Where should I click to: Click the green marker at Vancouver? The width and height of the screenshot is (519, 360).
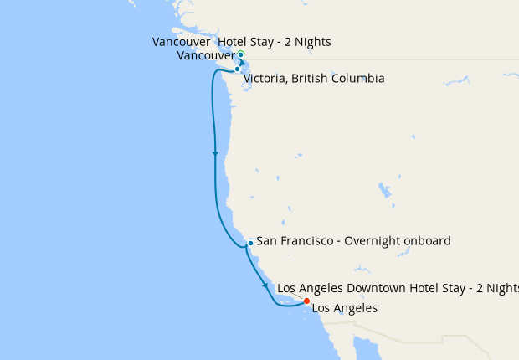[240, 54]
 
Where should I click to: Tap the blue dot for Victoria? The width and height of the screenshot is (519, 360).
[238, 69]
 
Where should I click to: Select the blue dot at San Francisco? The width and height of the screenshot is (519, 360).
[250, 243]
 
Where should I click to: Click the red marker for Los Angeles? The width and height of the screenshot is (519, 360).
[306, 301]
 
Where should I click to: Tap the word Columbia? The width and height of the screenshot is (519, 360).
[358, 79]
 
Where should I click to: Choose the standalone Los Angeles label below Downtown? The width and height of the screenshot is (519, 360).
[344, 308]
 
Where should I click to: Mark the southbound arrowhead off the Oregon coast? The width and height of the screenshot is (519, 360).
[216, 154]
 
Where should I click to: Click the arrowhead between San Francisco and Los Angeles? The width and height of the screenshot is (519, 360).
[266, 285]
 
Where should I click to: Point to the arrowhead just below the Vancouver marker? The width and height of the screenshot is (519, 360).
[243, 61]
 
